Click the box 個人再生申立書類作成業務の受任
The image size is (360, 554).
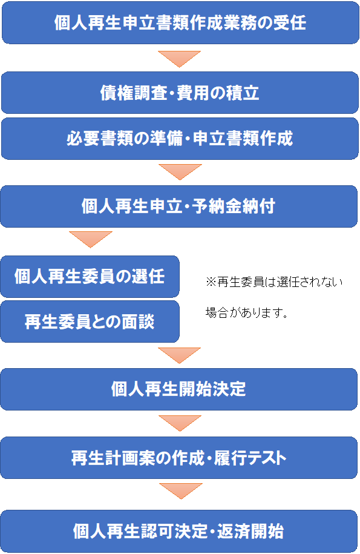pyautogui.click(x=180, y=22)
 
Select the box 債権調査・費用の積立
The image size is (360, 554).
pyautogui.click(x=180, y=93)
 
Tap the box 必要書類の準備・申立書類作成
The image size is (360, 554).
pyautogui.click(x=180, y=139)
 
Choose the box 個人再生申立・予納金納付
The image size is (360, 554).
pyautogui.click(x=179, y=206)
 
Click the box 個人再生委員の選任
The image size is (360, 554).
pyautogui.click(x=90, y=276)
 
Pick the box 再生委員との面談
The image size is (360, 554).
pyautogui.click(x=90, y=322)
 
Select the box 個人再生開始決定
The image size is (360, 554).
pyautogui.click(x=179, y=389)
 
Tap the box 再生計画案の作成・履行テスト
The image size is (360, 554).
pyautogui.click(x=179, y=458)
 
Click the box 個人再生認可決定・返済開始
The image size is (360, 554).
pyautogui.click(x=179, y=531)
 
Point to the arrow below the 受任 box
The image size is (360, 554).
pyautogui.click(x=179, y=58)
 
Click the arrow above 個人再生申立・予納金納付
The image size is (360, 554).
pyautogui.click(x=180, y=171)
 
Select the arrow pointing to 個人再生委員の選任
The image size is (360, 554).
pyautogui.click(x=91, y=239)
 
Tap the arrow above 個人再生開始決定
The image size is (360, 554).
pyautogui.click(x=179, y=354)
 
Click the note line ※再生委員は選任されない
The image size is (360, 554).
pyautogui.click(x=274, y=282)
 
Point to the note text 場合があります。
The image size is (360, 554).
pyautogui.click(x=247, y=312)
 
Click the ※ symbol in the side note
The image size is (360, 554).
pyautogui.click(x=211, y=282)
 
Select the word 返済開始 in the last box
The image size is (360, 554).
pyautogui.click(x=250, y=531)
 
